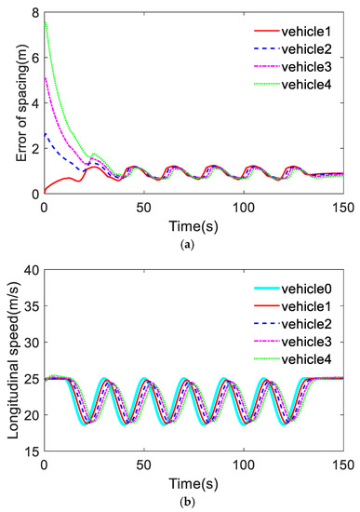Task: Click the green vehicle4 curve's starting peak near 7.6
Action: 45,22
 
